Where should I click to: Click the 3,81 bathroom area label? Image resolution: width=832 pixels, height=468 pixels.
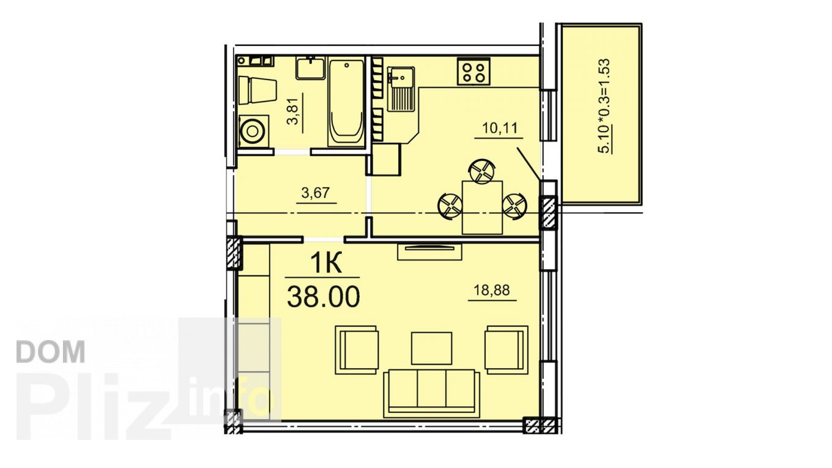(294, 111)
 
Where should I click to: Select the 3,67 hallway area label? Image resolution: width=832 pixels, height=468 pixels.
(316, 193)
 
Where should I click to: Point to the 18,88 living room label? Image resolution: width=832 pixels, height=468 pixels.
(492, 290)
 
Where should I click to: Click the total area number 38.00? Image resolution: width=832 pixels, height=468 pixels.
(324, 296)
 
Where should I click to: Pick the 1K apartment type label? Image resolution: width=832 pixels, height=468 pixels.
(325, 262)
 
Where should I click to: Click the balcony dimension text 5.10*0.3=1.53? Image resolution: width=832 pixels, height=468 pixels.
(604, 106)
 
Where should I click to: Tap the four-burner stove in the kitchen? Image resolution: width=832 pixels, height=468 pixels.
(474, 72)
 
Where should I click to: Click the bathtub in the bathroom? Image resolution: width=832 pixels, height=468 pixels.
(346, 102)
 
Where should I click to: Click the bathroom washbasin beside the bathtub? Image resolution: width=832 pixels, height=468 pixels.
(311, 67)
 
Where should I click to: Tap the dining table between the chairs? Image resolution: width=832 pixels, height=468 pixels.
(482, 207)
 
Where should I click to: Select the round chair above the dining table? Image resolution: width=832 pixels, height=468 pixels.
(482, 171)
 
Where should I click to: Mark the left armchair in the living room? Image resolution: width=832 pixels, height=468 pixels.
(357, 350)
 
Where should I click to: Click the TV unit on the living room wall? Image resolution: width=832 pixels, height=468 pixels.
(429, 251)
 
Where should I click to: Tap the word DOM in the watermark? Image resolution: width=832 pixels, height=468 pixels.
(51, 352)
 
